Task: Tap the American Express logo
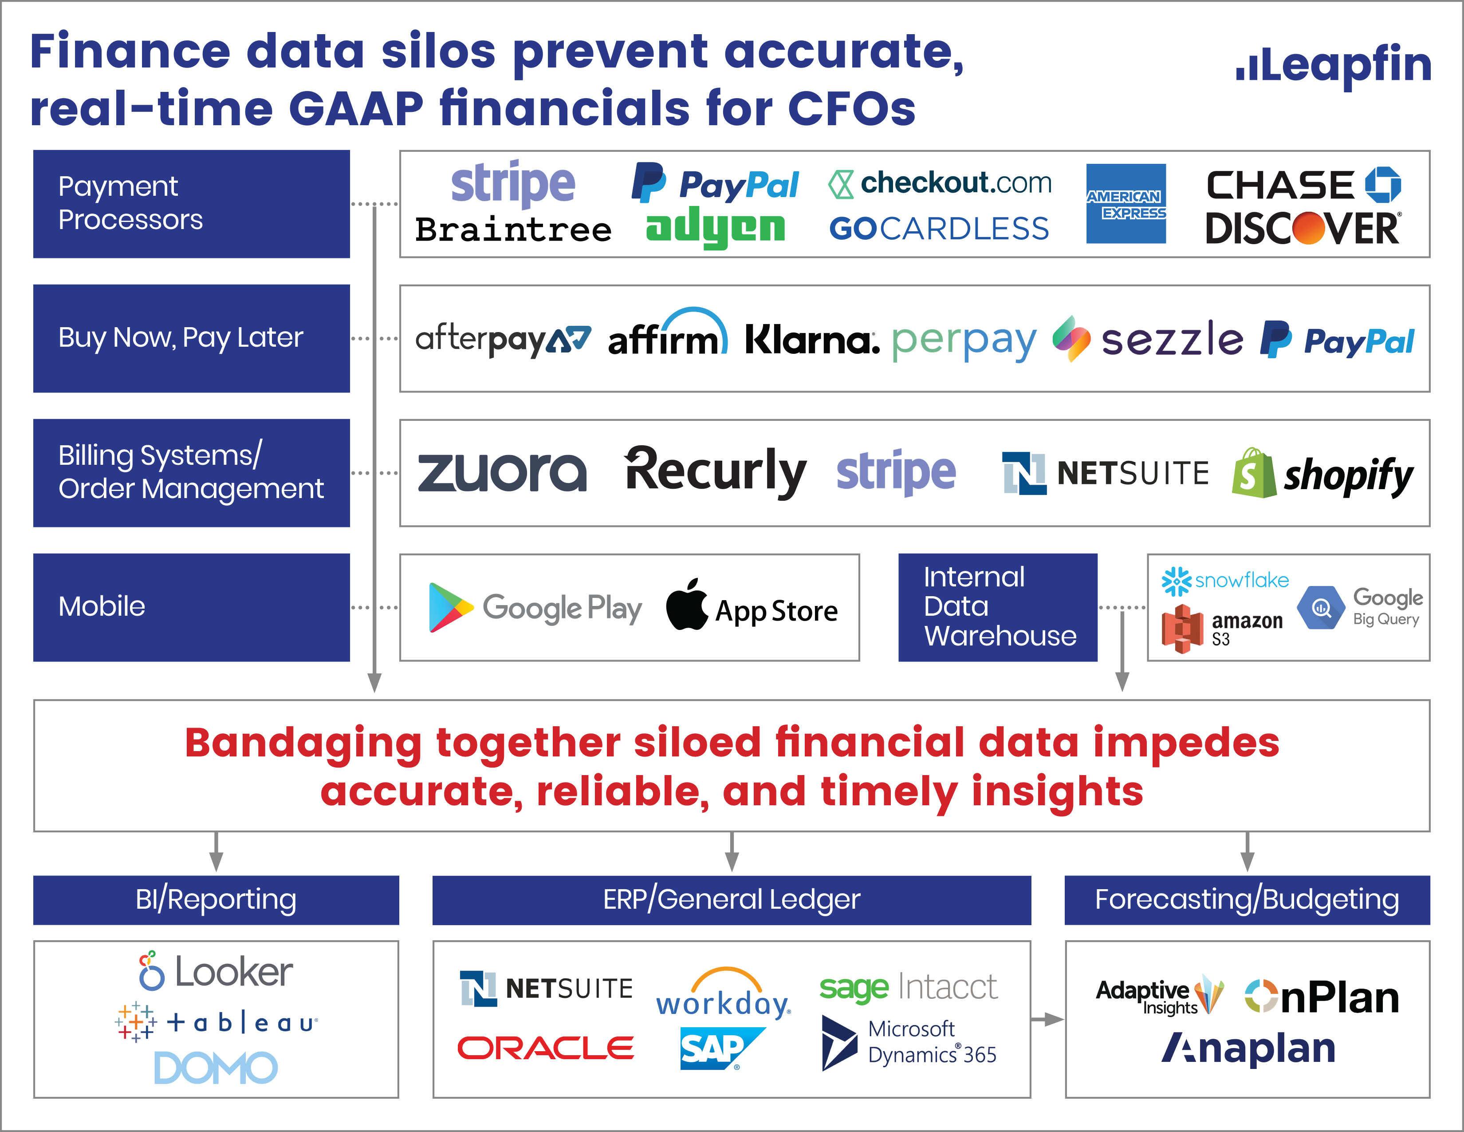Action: pos(1126,203)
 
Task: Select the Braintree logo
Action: pos(513,230)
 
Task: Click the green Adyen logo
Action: pos(715,228)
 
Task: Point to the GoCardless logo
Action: pos(939,229)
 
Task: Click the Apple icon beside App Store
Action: pos(687,604)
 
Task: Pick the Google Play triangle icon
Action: pos(450,608)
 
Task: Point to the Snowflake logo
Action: pos(1225,581)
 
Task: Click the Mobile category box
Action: pos(192,607)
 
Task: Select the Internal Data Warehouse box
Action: pos(997,607)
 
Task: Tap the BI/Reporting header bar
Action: pos(216,900)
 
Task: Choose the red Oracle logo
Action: pos(546,1048)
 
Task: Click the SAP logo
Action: pos(720,1048)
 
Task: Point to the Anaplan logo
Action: pos(1248,1048)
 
